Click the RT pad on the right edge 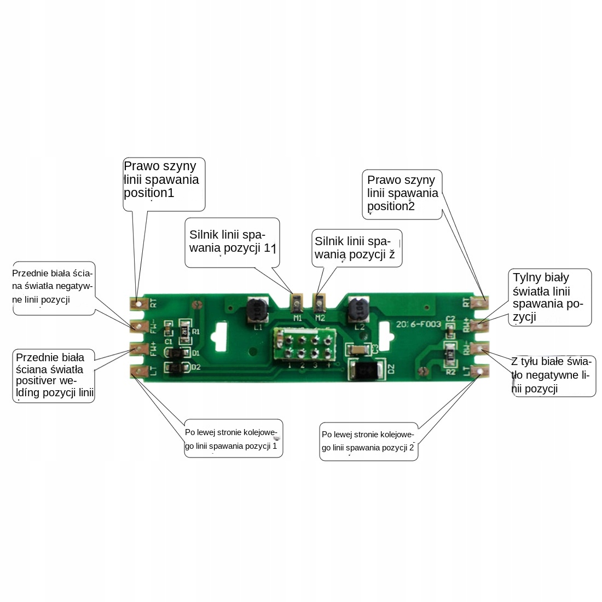pos(481,302)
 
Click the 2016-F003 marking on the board pos(419,324)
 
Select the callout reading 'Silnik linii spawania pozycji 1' pos(232,242)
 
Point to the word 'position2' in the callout pos(391,206)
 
